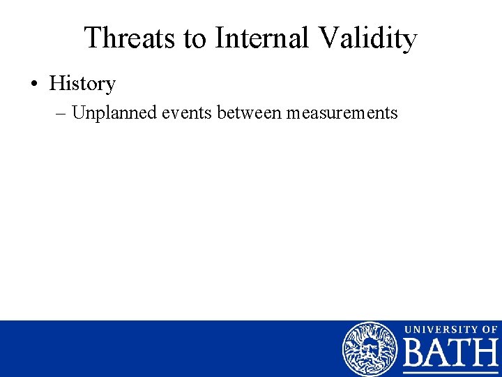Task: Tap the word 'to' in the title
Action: [x=196, y=38]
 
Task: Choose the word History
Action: [x=82, y=84]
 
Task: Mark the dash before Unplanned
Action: [x=62, y=113]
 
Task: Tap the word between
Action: [x=244, y=113]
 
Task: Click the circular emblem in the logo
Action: [x=369, y=349]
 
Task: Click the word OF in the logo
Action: [x=489, y=329]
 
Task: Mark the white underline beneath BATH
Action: [x=451, y=372]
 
